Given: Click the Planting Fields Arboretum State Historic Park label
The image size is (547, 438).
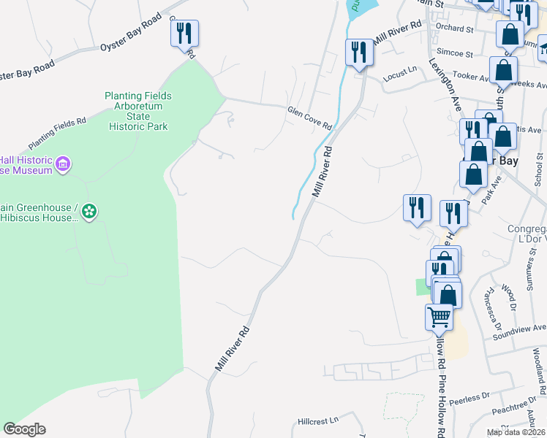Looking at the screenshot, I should [x=137, y=111].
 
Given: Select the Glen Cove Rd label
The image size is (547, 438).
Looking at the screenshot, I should [x=309, y=117].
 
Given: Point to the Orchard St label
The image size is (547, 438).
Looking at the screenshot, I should [x=455, y=28].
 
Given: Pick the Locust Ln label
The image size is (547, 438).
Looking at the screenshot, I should [x=400, y=69].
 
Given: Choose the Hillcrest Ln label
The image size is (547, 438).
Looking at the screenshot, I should [x=319, y=421].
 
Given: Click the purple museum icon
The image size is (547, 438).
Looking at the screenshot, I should [x=63, y=164].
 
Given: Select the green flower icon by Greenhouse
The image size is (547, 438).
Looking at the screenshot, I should [x=89, y=212].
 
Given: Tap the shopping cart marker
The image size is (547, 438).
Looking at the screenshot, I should [x=438, y=316].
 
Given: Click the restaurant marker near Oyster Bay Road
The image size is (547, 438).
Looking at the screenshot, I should [x=184, y=32].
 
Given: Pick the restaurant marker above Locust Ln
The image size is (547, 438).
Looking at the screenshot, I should [x=358, y=52].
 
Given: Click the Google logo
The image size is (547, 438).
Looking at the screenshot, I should [x=24, y=429].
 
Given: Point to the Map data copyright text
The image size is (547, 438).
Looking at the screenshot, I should [x=516, y=432].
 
